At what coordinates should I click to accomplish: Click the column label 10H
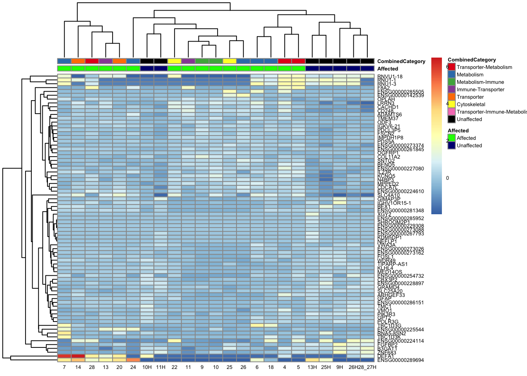pyautogui.click(x=147, y=367)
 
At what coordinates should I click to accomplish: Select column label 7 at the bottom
pyautogui.click(x=64, y=367)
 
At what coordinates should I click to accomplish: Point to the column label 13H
pyautogui.click(x=312, y=367)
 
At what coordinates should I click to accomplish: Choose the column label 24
pyautogui.click(x=133, y=367)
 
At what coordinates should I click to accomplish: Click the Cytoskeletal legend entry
pyautogui.click(x=471, y=105)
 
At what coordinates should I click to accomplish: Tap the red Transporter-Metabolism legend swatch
pyautogui.click(x=452, y=67)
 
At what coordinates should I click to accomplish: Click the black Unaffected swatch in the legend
pyautogui.click(x=452, y=119)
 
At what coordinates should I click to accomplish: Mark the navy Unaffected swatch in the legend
pyautogui.click(x=452, y=146)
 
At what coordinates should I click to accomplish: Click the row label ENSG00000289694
pyautogui.click(x=400, y=360)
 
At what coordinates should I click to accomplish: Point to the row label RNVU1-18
pyautogui.click(x=390, y=77)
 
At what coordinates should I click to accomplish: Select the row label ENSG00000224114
pyautogui.click(x=400, y=341)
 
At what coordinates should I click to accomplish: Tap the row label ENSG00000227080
pyautogui.click(x=400, y=169)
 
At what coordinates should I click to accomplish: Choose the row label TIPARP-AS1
pyautogui.click(x=393, y=264)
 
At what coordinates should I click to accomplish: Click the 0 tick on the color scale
pyautogui.click(x=447, y=178)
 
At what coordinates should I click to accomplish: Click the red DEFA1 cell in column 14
pyautogui.click(x=78, y=356)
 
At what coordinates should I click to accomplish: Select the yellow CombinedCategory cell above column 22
pyautogui.click(x=174, y=61)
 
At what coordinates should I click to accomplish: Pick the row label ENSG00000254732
pyautogui.click(x=400, y=276)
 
